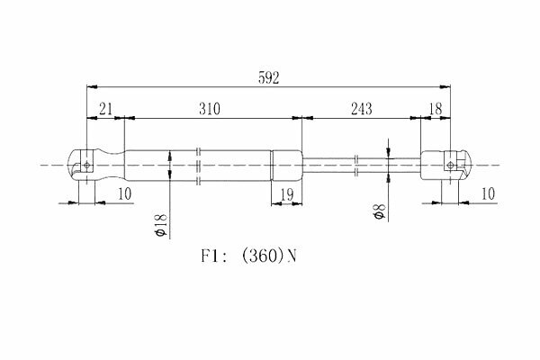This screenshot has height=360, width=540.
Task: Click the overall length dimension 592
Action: pos(268,78)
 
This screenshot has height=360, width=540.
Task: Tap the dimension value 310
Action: pos(210,109)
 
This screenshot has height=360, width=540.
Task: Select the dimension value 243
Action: pos(362,109)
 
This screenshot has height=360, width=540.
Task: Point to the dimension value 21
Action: pos(105,109)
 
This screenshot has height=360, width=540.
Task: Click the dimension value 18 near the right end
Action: pos(436,109)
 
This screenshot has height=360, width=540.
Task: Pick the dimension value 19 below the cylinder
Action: pos(287,195)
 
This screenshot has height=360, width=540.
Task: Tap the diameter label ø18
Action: pos(161,226)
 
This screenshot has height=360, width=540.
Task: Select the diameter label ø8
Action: pos(379,211)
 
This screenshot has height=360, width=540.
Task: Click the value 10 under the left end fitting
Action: pos(125,194)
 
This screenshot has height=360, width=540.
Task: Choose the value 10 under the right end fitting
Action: pos(488,194)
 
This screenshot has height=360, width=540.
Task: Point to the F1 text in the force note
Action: pos(210,256)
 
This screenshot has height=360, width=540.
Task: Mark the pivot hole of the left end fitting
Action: pos(86,165)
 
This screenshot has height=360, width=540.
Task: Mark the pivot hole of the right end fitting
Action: pos(451,166)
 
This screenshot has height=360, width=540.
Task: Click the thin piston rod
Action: pos(362,166)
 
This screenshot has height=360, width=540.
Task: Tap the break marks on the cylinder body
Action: pos(198,166)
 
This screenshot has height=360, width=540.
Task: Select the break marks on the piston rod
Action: pos(356,166)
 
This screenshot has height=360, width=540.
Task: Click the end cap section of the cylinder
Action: pos(286,166)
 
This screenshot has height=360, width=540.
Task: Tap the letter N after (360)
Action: pos(292,256)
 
